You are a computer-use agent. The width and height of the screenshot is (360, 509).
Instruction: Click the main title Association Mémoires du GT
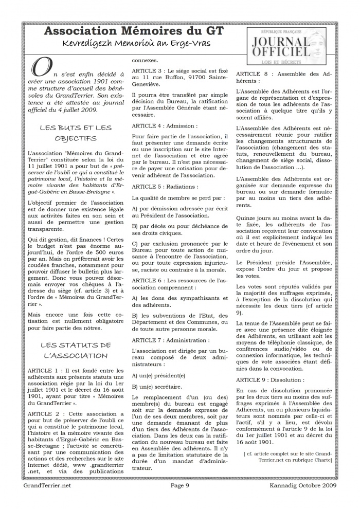pyautogui.click(x=134, y=32)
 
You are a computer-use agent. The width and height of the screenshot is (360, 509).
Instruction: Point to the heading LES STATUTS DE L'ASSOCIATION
pyautogui.click(x=75, y=350)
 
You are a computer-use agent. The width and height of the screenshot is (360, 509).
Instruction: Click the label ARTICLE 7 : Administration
pyautogui.click(x=170, y=340)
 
